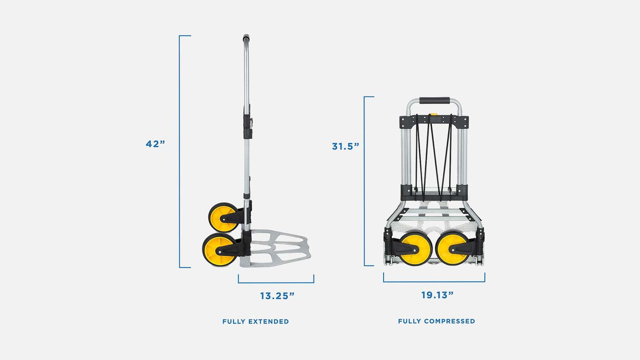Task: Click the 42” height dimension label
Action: (x=156, y=144)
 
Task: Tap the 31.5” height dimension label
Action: (x=346, y=146)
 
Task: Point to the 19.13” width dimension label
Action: (x=438, y=295)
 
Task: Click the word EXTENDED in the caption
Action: (x=268, y=322)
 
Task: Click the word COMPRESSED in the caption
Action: (x=450, y=321)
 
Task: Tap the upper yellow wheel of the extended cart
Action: (x=224, y=218)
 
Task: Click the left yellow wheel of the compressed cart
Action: (x=415, y=248)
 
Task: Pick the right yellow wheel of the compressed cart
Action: (x=453, y=248)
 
